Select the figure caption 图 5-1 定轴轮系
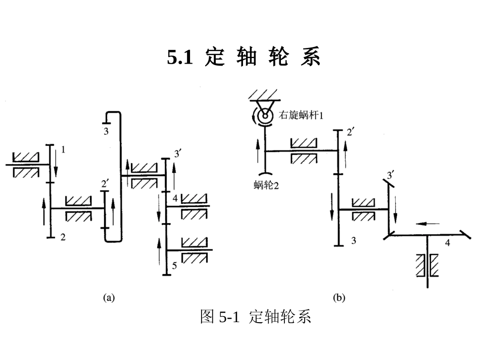(x=255, y=317)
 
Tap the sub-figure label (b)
(x=339, y=298)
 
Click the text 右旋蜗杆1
(x=301, y=115)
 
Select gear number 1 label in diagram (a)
(x=63, y=149)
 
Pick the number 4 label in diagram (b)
(x=448, y=243)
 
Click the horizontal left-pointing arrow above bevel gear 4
(x=428, y=223)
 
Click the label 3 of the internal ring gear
(x=106, y=132)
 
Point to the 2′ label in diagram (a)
(x=105, y=183)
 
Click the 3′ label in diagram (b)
(x=390, y=175)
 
